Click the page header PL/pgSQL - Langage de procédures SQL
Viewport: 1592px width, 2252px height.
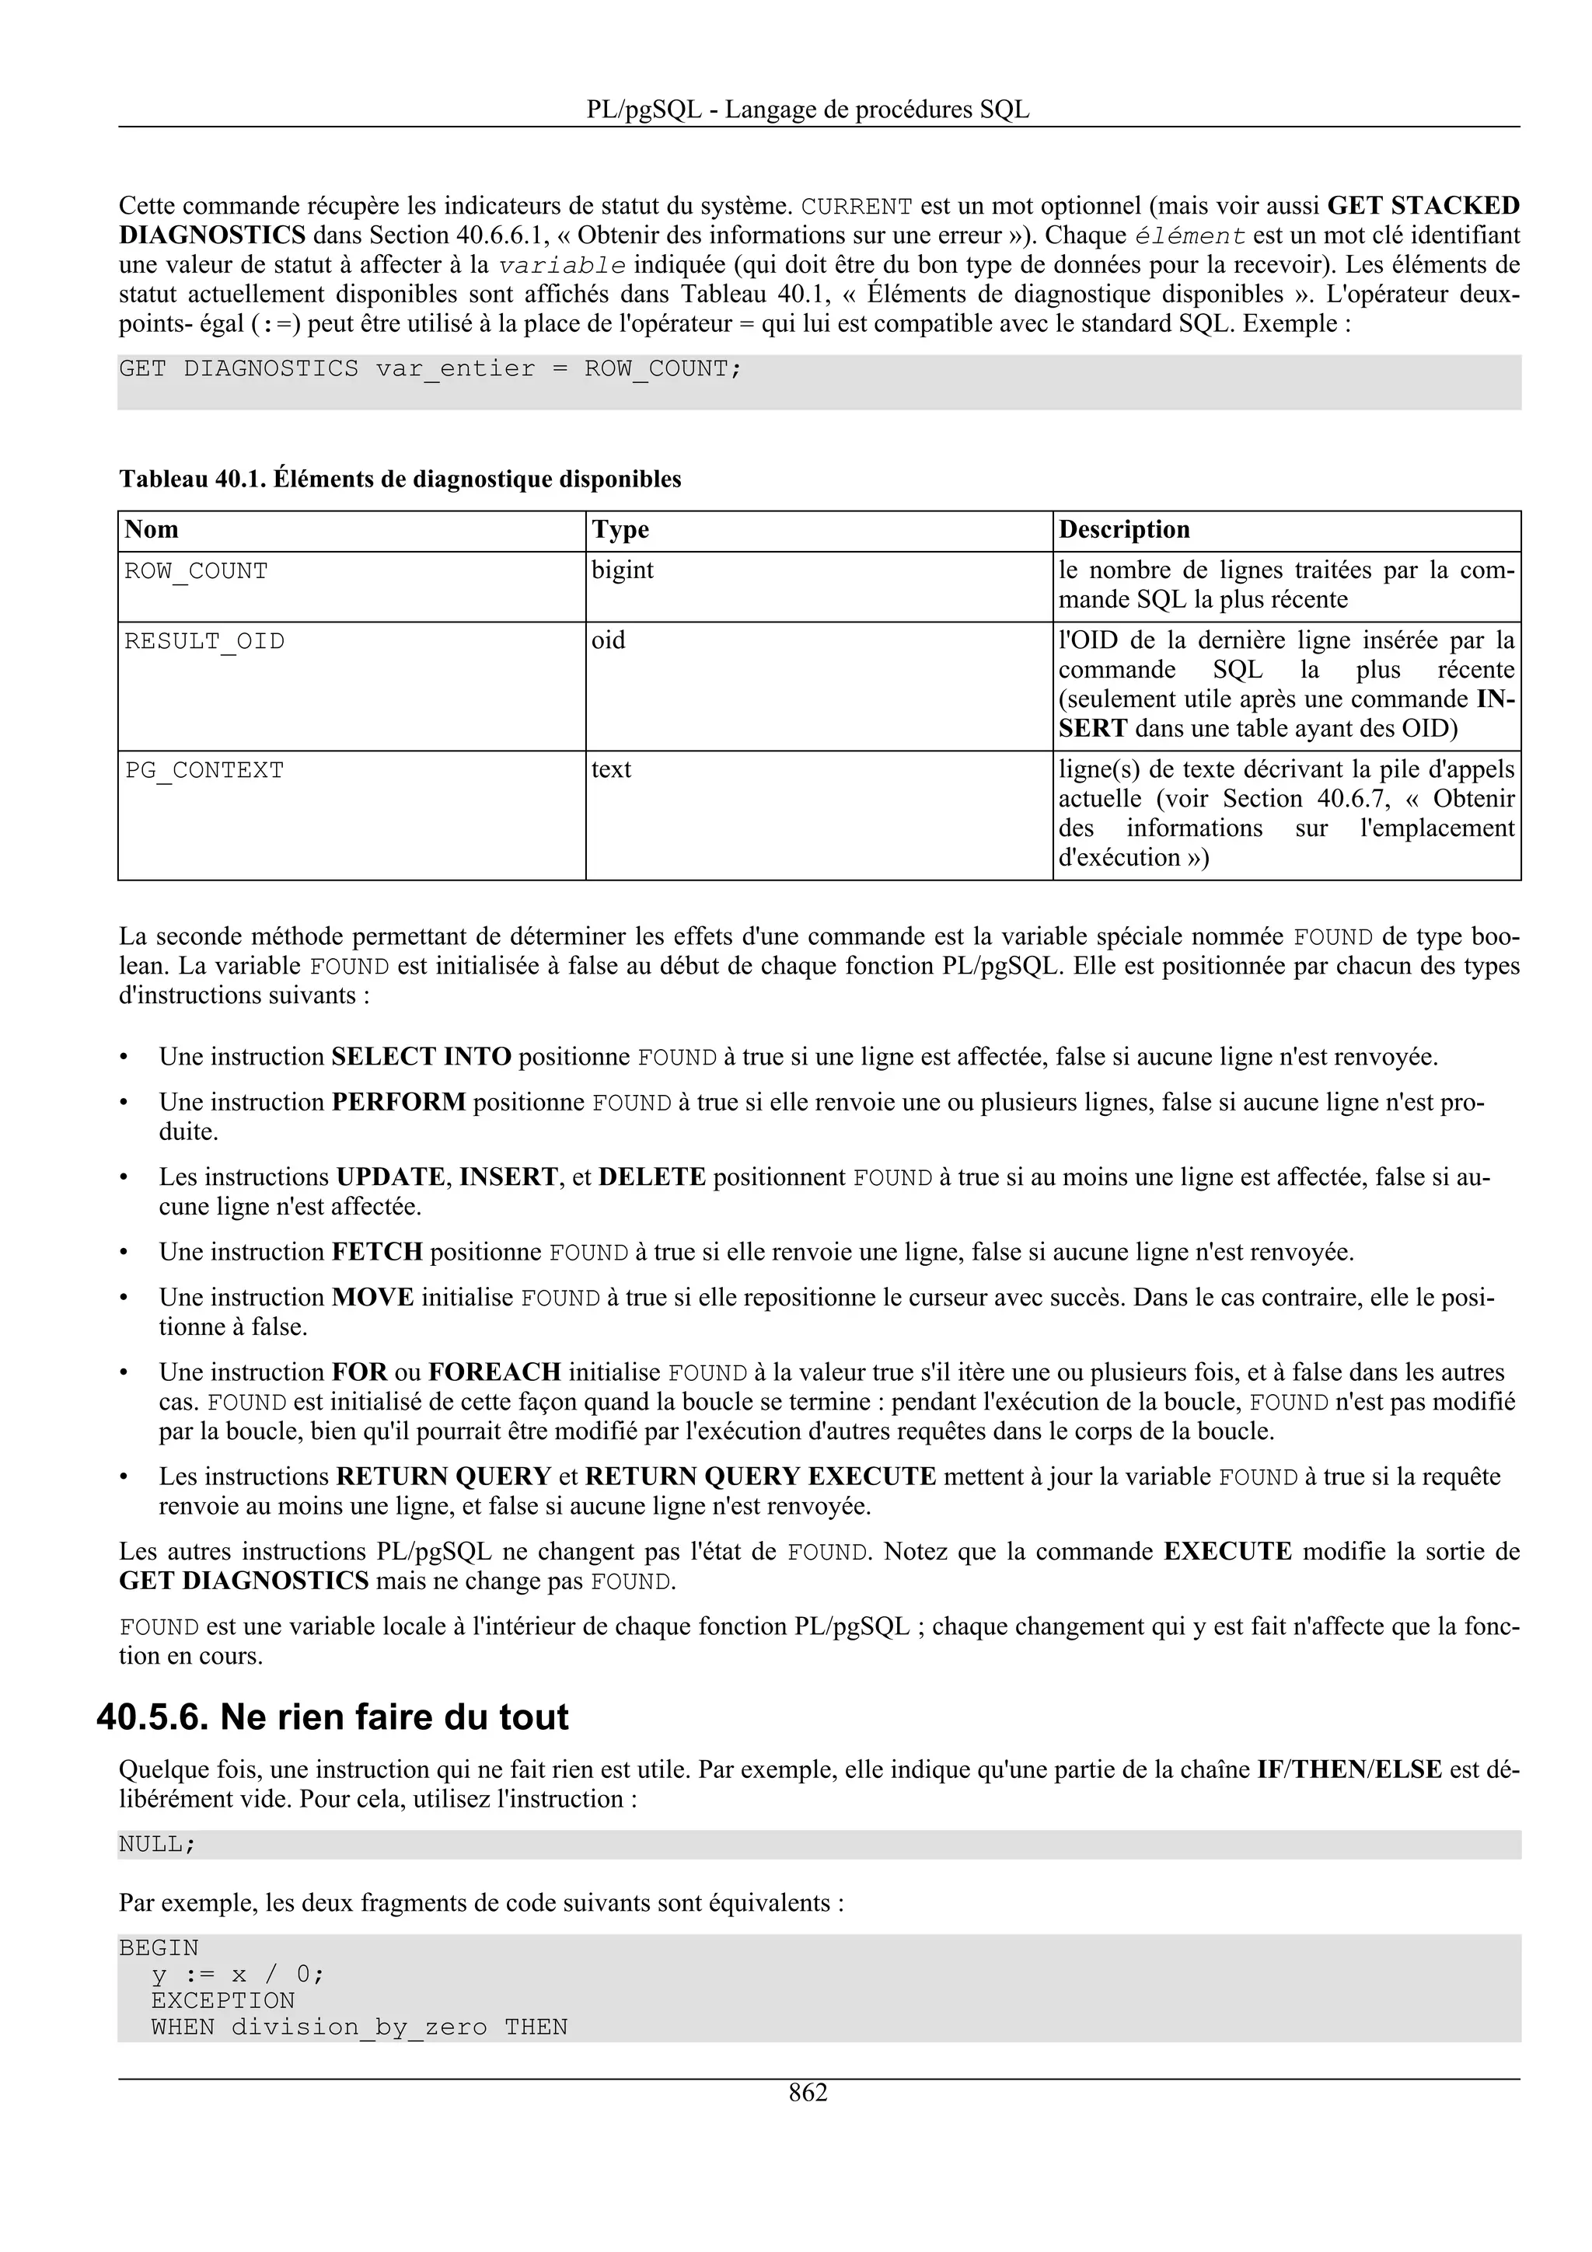coord(808,109)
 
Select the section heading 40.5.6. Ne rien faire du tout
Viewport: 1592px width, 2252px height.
coord(333,1717)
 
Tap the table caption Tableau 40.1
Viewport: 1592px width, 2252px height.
coord(400,479)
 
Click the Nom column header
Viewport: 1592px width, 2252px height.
coord(152,530)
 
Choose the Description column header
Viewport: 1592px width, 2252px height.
coord(1123,530)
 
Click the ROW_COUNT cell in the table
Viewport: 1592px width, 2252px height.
coord(196,571)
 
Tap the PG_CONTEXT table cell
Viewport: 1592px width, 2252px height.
coord(204,771)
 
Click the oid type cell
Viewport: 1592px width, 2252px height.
coord(608,640)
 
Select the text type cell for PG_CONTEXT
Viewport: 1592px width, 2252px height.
coord(611,770)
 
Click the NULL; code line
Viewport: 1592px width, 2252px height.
coord(157,1845)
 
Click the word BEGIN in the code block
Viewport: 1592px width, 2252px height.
coord(159,1948)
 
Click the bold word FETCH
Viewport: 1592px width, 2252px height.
coord(377,1252)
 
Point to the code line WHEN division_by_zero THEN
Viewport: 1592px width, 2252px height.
coord(359,2027)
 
